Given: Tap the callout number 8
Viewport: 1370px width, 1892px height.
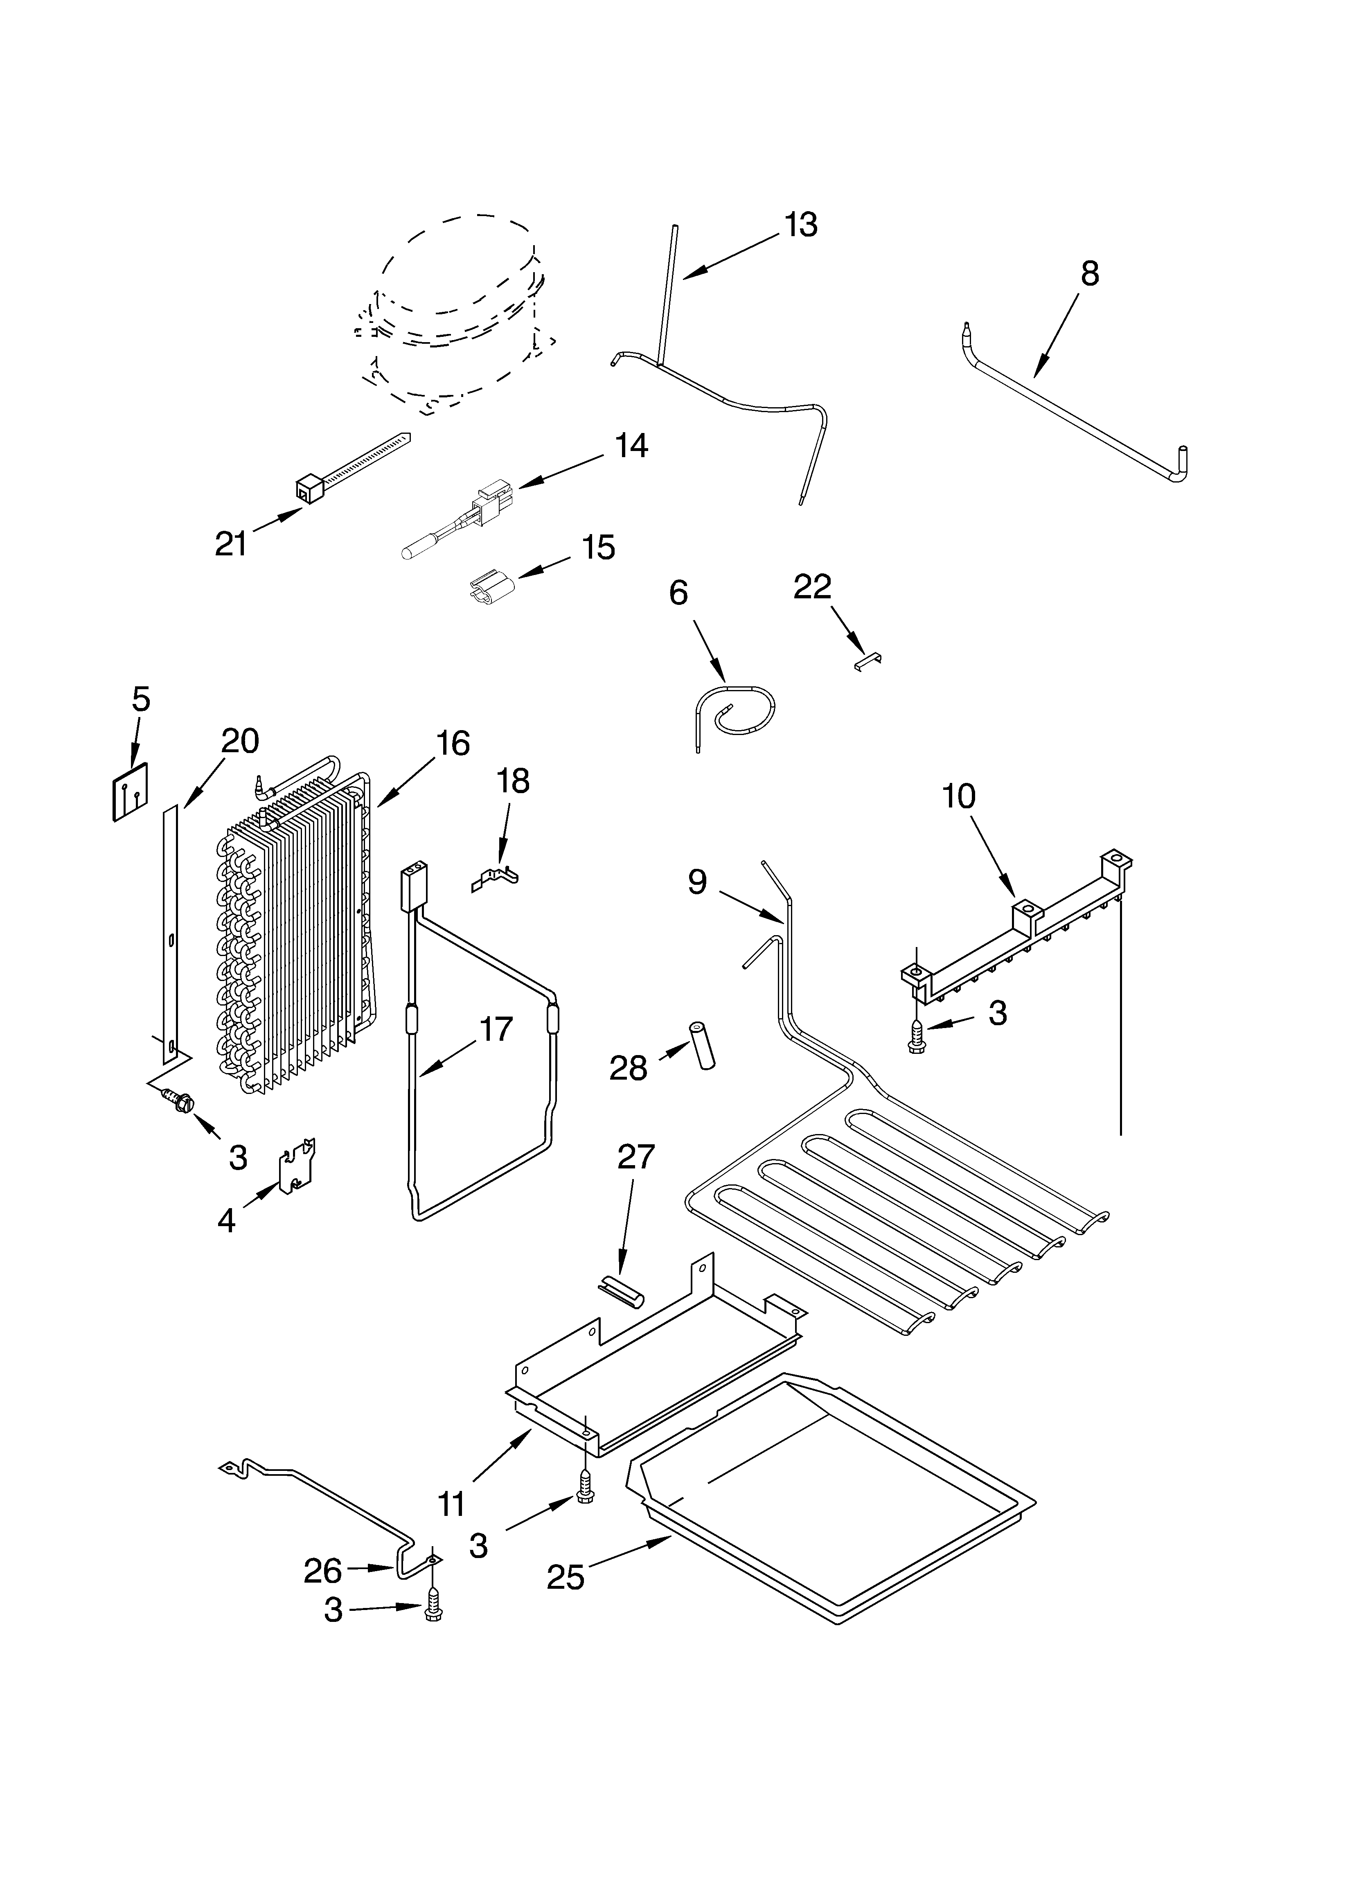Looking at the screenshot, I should [x=1090, y=274].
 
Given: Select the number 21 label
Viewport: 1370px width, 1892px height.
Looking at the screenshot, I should [x=231, y=544].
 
